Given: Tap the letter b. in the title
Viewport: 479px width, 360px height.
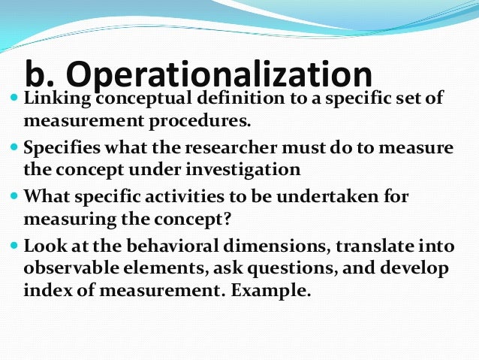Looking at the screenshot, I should [42, 75].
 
